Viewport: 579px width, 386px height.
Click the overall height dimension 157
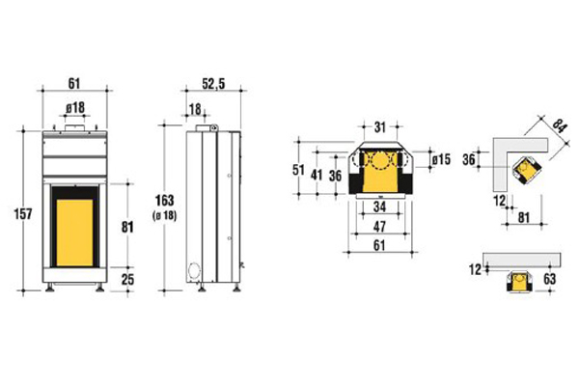(23, 214)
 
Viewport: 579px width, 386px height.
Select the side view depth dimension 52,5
(213, 84)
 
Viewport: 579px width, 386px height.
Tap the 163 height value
(164, 200)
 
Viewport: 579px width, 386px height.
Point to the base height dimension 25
(127, 280)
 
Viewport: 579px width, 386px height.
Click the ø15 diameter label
(441, 159)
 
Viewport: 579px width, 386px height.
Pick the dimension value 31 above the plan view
(380, 127)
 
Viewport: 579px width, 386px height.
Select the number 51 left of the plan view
(298, 170)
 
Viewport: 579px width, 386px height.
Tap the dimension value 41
(317, 175)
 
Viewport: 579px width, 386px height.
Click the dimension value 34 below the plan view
(379, 207)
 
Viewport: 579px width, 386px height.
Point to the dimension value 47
(379, 227)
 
